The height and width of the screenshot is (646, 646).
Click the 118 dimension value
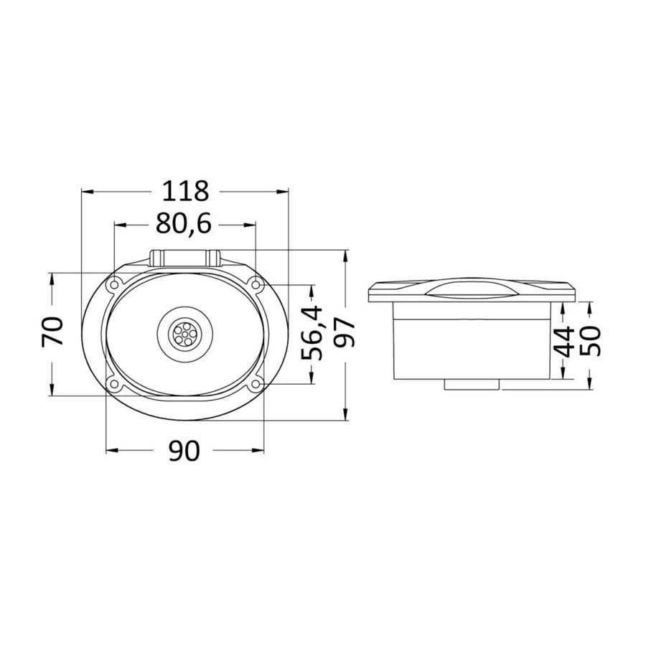coord(185,191)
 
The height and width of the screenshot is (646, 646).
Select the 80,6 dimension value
coord(184,224)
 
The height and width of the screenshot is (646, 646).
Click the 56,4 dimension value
coord(312,333)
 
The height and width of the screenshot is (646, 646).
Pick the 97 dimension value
coord(344,334)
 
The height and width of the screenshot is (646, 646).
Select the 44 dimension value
coord(563,341)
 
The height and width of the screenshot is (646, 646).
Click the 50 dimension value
coord(590,340)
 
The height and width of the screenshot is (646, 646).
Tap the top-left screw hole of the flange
coord(113,284)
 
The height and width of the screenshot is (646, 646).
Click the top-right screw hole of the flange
coord(256,284)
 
